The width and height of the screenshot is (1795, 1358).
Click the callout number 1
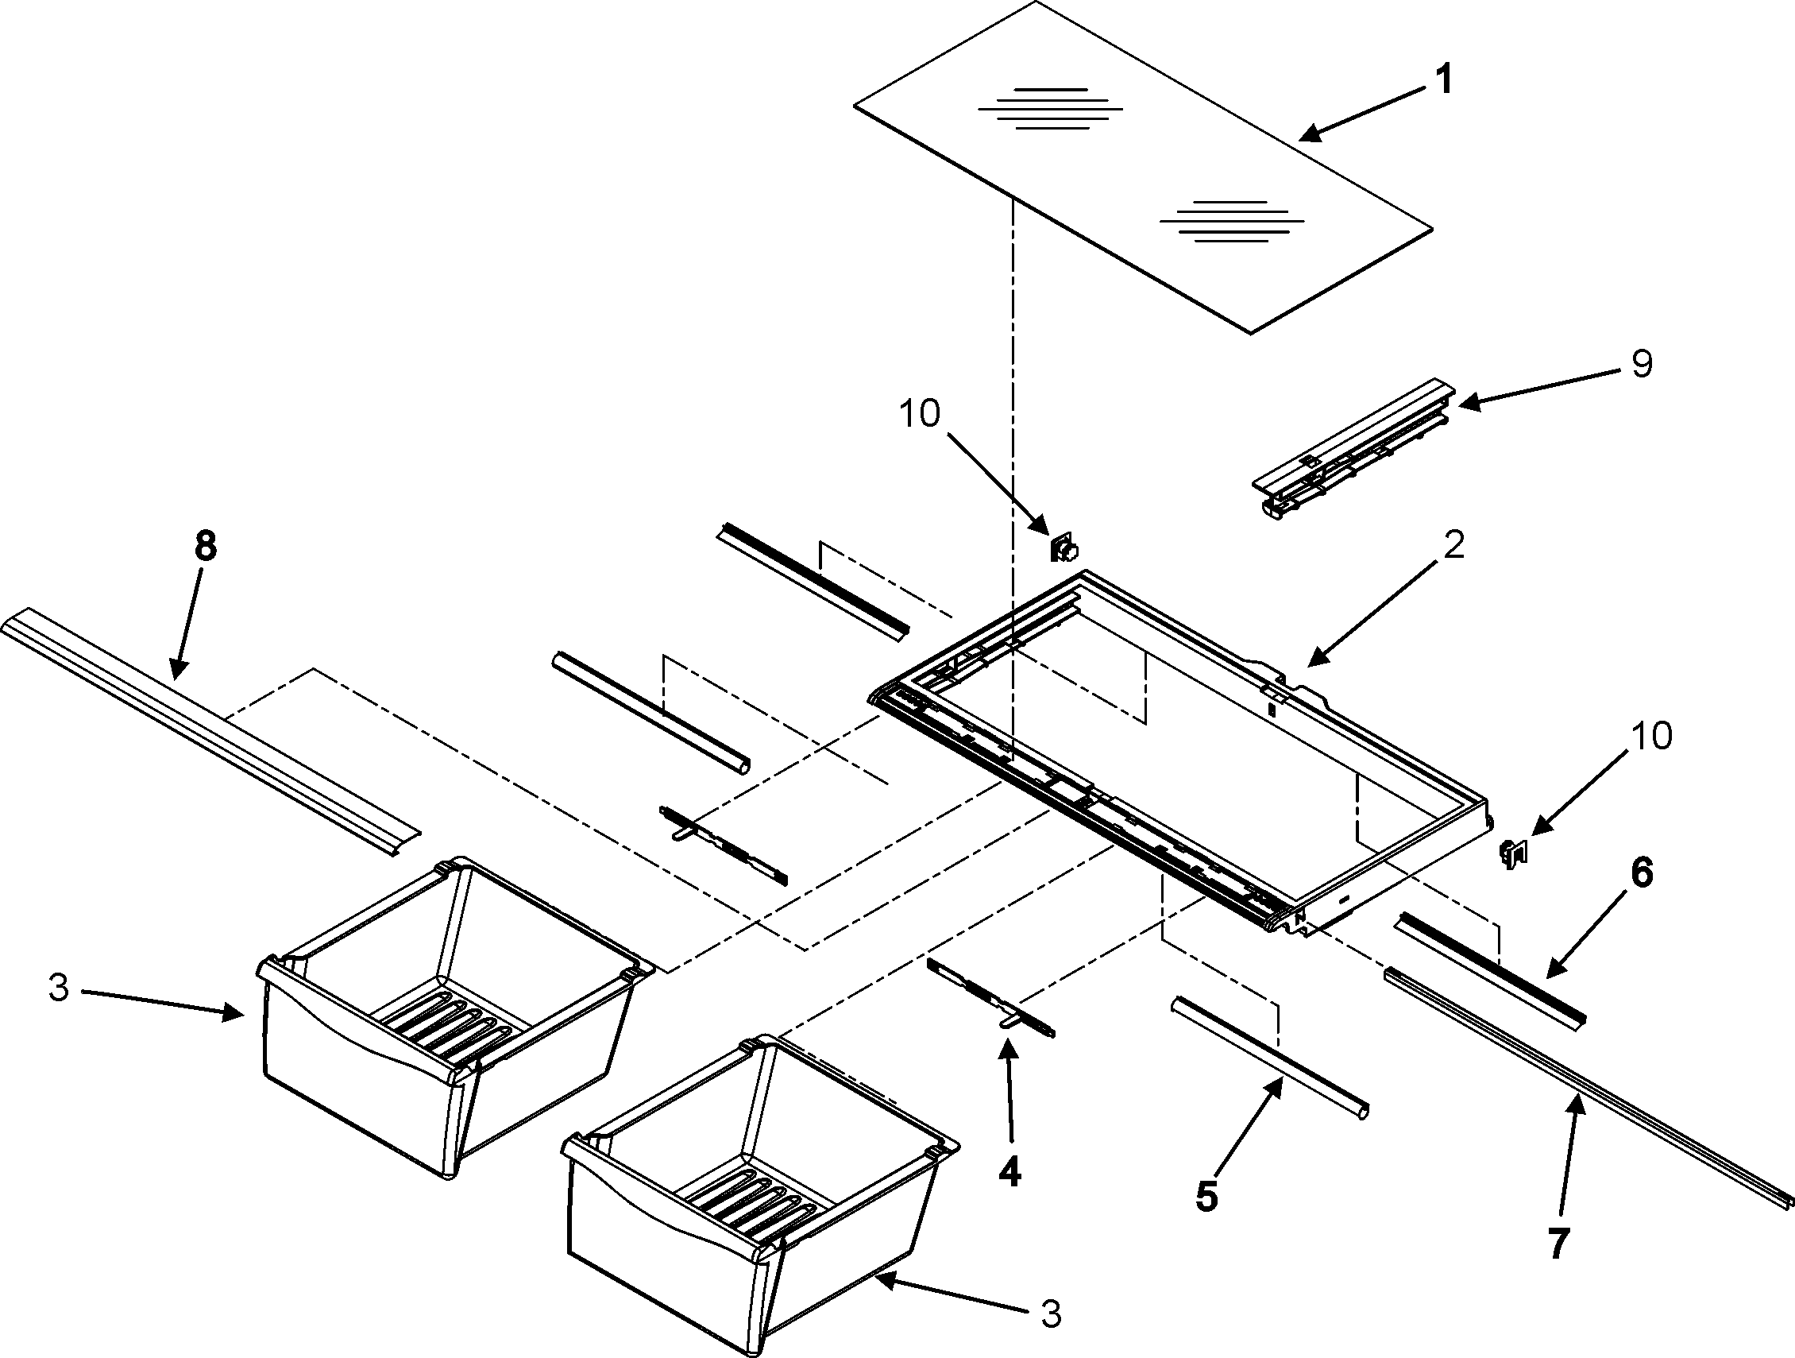pyautogui.click(x=1443, y=81)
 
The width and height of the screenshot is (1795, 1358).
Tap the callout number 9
pyautogui.click(x=1642, y=365)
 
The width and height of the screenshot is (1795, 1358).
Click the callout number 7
pyautogui.click(x=1558, y=1244)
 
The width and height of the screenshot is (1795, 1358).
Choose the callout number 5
pyautogui.click(x=1206, y=1197)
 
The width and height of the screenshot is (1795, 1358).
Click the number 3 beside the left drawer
pyautogui.click(x=59, y=989)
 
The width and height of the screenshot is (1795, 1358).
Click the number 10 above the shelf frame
pyautogui.click(x=920, y=414)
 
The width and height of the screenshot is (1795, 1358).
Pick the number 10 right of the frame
pyautogui.click(x=1651, y=737)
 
